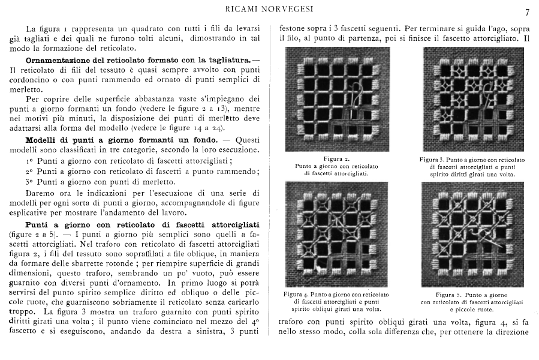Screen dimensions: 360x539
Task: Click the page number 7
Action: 527,12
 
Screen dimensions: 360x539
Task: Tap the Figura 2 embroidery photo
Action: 337,99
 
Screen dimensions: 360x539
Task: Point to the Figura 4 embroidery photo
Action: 337,234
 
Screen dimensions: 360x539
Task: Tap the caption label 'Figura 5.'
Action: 450,295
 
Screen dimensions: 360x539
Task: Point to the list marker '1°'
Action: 29,161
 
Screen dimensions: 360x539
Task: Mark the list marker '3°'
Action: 29,181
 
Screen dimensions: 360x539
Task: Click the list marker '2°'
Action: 29,172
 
